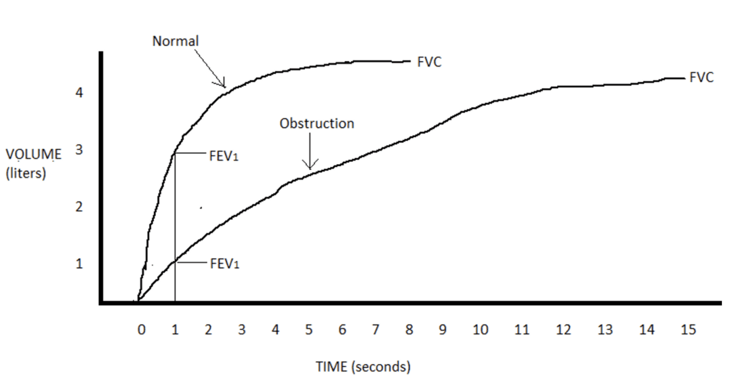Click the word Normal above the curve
point(176,41)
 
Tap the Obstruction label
point(317,123)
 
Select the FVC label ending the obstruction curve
point(701,78)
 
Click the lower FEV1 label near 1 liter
point(225,264)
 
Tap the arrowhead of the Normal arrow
point(222,85)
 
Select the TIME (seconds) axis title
point(363,367)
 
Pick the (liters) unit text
point(26,173)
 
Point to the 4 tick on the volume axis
point(79,93)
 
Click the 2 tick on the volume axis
point(79,207)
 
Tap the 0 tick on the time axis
point(141,330)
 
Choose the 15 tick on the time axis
point(688,330)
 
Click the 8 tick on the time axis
point(409,330)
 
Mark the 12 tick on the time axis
point(563,330)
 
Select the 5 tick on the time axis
point(308,330)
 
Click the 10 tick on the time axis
point(481,330)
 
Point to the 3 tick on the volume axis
point(79,150)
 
